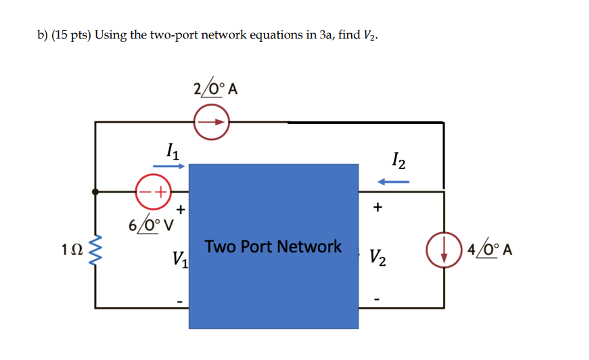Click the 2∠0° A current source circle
[212, 123]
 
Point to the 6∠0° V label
[152, 223]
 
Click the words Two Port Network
[273, 246]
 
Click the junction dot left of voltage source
[95, 192]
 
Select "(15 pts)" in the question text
[72, 35]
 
